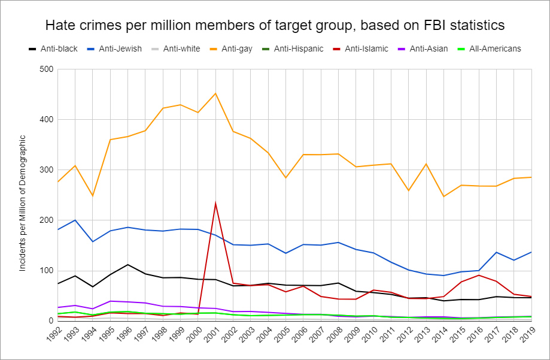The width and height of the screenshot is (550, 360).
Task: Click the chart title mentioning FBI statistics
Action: point(275,25)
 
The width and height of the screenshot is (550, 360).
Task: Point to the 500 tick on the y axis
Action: point(47,69)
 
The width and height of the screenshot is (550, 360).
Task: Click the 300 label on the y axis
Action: point(47,170)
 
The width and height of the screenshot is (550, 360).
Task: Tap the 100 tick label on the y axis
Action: point(47,271)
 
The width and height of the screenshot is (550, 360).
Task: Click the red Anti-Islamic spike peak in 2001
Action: point(215,204)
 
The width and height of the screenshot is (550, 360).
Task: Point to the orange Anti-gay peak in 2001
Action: point(215,93)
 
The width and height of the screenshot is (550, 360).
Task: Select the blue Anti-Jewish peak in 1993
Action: point(75,220)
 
